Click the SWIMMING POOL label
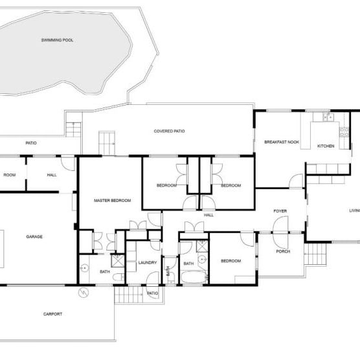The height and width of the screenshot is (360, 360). pyautogui.click(x=57, y=40)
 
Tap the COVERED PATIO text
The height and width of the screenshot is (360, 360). pyautogui.click(x=169, y=131)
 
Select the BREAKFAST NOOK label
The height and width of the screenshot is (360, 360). pyautogui.click(x=281, y=142)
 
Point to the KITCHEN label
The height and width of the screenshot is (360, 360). pyautogui.click(x=325, y=146)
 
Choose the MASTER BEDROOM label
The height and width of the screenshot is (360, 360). pyautogui.click(x=112, y=201)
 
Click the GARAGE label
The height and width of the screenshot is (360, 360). pyautogui.click(x=34, y=237)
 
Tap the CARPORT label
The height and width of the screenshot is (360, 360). pyautogui.click(x=52, y=314)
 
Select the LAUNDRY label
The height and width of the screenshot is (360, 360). pyautogui.click(x=148, y=262)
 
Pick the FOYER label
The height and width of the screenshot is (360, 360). pyautogui.click(x=280, y=211)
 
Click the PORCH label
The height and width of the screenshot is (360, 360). pyautogui.click(x=282, y=251)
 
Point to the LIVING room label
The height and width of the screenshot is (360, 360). pyautogui.click(x=354, y=210)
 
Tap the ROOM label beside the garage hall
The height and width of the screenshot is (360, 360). pyautogui.click(x=9, y=175)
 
